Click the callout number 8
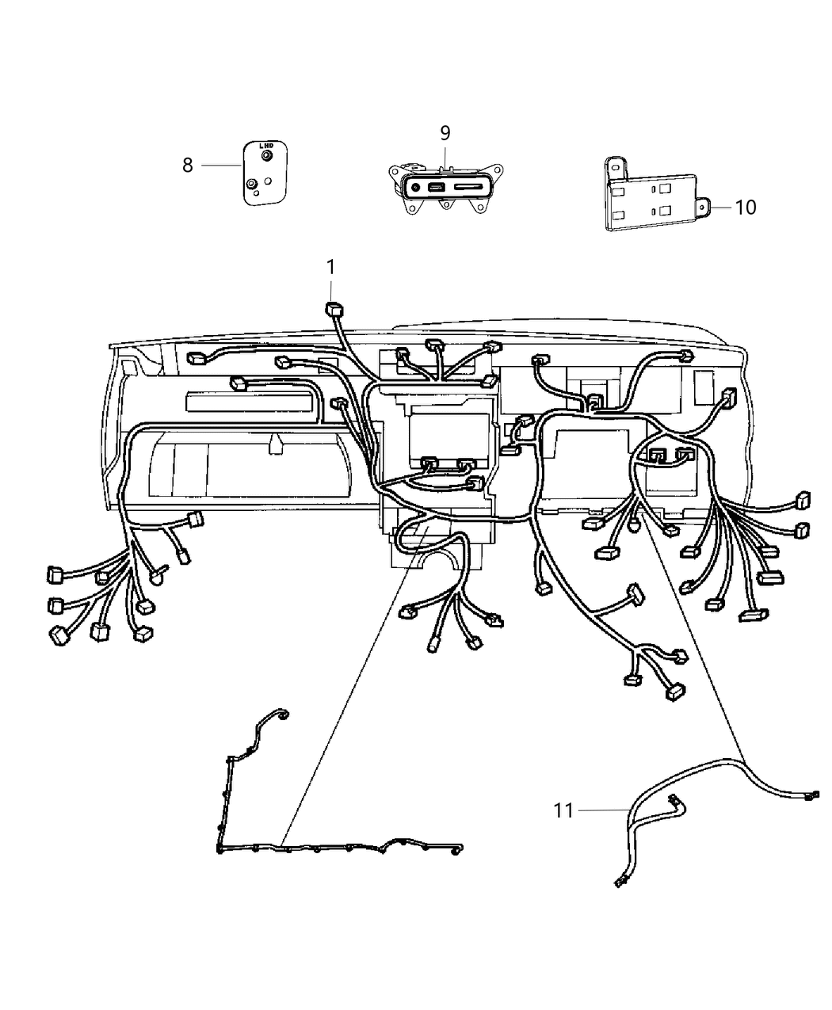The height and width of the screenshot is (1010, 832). point(188,166)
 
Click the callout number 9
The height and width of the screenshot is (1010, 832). point(445,132)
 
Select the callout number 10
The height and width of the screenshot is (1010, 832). point(745,208)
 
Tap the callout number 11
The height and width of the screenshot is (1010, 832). point(563,810)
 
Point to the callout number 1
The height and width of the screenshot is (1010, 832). point(330,268)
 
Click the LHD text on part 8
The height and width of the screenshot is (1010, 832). point(267,146)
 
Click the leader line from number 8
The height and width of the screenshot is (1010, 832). point(221,165)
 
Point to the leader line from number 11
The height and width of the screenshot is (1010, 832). point(602,810)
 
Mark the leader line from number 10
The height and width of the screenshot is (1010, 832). point(721,207)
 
